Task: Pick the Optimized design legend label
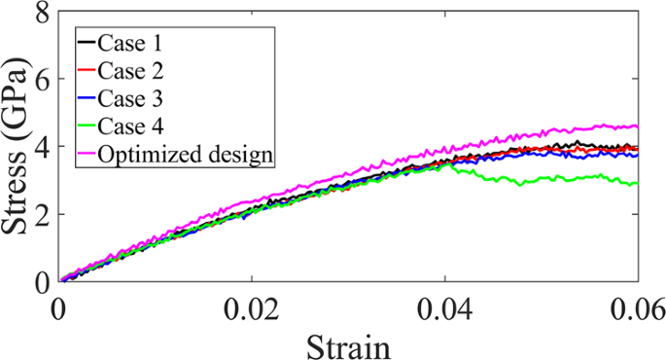[x=192, y=153]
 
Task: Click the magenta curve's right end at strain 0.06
[x=638, y=126]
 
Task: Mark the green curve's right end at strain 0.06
[x=638, y=184]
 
